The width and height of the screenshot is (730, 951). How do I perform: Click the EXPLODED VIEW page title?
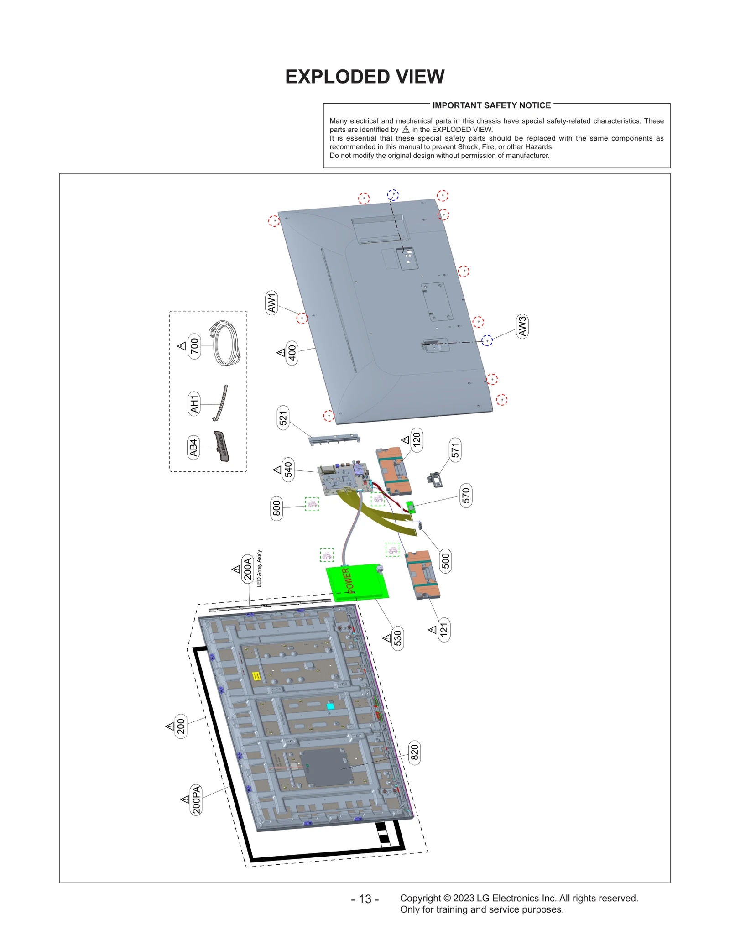365,77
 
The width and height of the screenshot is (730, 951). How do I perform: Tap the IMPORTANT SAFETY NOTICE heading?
491,105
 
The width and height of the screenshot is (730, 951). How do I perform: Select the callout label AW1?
271,303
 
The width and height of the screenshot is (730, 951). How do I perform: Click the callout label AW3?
522,326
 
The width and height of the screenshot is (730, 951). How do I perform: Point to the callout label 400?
292,353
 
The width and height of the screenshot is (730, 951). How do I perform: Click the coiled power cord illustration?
226,343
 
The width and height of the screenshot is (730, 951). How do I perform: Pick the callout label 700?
194,346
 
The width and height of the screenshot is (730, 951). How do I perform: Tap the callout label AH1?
194,403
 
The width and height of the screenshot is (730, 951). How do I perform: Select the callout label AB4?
193,447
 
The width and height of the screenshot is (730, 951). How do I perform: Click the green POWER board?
357,582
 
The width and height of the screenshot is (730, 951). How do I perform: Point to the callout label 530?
397,638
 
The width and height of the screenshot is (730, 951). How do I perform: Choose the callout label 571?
455,450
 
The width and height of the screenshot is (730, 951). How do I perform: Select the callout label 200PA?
196,800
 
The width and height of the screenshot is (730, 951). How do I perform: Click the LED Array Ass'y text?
259,568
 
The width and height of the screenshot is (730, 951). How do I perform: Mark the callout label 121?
443,630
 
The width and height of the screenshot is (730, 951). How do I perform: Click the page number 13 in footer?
365,899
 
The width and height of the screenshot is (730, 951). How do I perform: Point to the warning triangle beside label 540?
277,470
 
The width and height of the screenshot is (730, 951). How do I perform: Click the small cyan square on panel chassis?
330,706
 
